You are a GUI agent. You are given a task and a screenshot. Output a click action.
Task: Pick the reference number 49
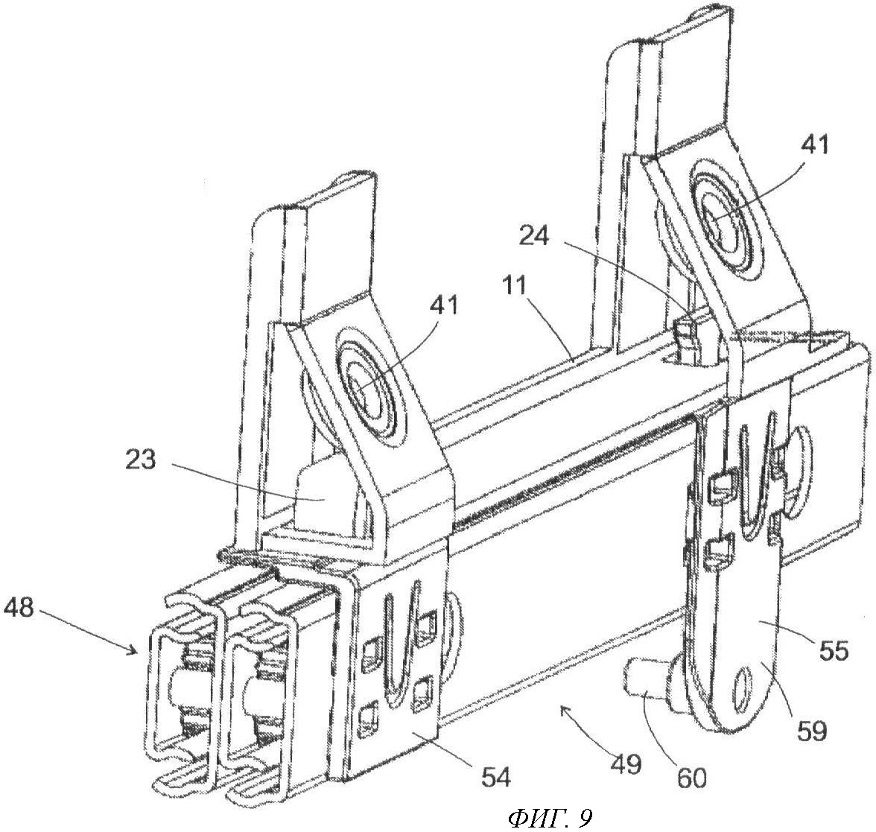[626, 763]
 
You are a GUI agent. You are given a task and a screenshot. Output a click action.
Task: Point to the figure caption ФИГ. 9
[550, 819]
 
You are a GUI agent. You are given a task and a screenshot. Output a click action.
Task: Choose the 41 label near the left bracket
[444, 305]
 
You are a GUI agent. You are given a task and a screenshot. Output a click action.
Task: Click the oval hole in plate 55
[743, 682]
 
